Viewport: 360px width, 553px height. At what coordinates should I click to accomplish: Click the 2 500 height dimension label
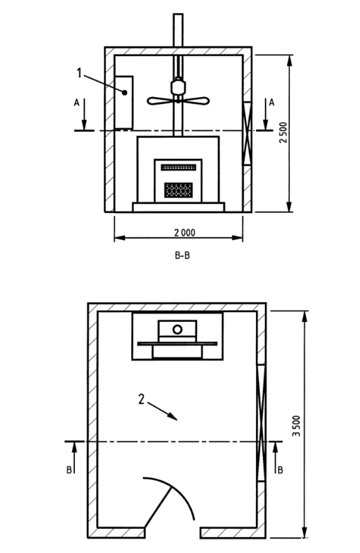click(x=284, y=133)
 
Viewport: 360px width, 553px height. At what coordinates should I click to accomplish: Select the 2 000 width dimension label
click(x=185, y=232)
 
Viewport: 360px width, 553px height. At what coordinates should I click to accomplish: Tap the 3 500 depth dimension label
click(x=297, y=426)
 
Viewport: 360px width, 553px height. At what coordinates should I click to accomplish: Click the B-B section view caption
click(x=182, y=255)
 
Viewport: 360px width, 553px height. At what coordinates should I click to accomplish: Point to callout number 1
click(x=79, y=73)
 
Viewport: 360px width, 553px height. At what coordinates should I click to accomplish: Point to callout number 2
click(x=142, y=399)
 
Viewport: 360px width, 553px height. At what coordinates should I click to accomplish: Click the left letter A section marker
click(x=76, y=102)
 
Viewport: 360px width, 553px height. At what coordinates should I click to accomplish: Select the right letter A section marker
click(x=271, y=102)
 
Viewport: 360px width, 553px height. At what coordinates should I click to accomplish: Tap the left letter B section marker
click(x=69, y=470)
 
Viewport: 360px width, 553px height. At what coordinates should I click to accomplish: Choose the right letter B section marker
click(x=280, y=470)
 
